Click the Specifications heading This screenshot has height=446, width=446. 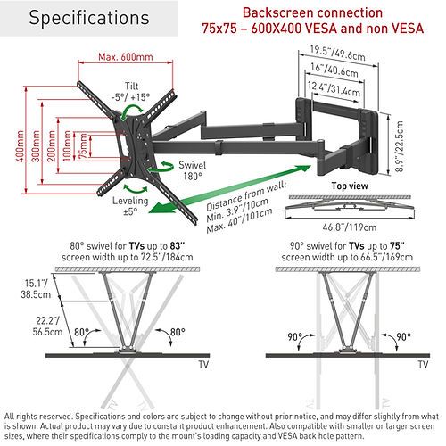[89, 18]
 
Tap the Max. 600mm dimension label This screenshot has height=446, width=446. [126, 57]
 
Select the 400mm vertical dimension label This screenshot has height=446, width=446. [21, 146]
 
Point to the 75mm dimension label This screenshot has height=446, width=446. [83, 145]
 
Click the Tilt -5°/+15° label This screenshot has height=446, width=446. [131, 92]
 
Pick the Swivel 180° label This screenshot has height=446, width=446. [193, 170]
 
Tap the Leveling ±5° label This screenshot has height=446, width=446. [130, 206]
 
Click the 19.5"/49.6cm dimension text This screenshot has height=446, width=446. [337, 54]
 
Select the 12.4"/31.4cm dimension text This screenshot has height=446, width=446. [334, 89]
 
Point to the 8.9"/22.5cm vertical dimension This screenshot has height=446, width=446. [400, 146]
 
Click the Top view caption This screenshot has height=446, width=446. [350, 186]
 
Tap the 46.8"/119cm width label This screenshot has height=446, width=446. [350, 227]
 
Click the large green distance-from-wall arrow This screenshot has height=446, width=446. [229, 189]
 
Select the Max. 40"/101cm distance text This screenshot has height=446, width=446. [239, 220]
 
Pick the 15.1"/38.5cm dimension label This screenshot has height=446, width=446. [36, 289]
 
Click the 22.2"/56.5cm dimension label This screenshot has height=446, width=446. [47, 326]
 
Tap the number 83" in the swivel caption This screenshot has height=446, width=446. [178, 246]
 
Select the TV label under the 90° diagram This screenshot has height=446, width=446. [423, 365]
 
